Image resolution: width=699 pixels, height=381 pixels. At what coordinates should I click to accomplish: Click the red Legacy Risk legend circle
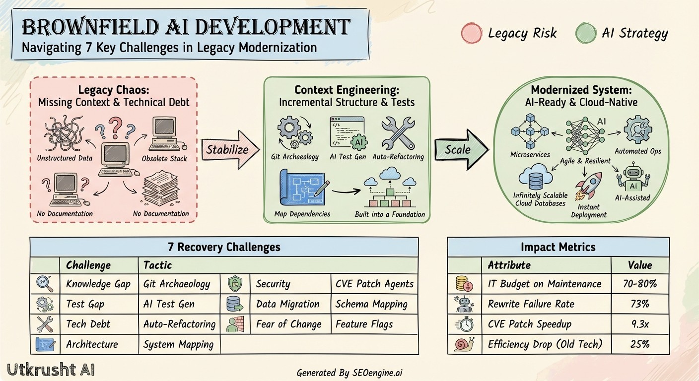coord(471,33)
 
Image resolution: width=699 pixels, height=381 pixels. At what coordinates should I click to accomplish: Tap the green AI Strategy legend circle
coord(585,33)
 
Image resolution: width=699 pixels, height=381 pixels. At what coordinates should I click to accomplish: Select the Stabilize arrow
coord(230,148)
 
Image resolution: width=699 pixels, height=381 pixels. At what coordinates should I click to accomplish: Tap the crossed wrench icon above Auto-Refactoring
coord(398,132)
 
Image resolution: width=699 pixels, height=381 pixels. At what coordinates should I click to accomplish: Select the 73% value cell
coord(640,304)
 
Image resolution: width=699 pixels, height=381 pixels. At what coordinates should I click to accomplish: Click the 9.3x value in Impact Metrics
coord(640,324)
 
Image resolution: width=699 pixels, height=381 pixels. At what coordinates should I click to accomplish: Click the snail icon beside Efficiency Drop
coord(464,344)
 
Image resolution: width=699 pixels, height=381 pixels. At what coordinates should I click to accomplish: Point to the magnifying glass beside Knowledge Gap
coord(44,284)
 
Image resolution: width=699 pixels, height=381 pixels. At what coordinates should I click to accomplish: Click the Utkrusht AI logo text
coord(51,370)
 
